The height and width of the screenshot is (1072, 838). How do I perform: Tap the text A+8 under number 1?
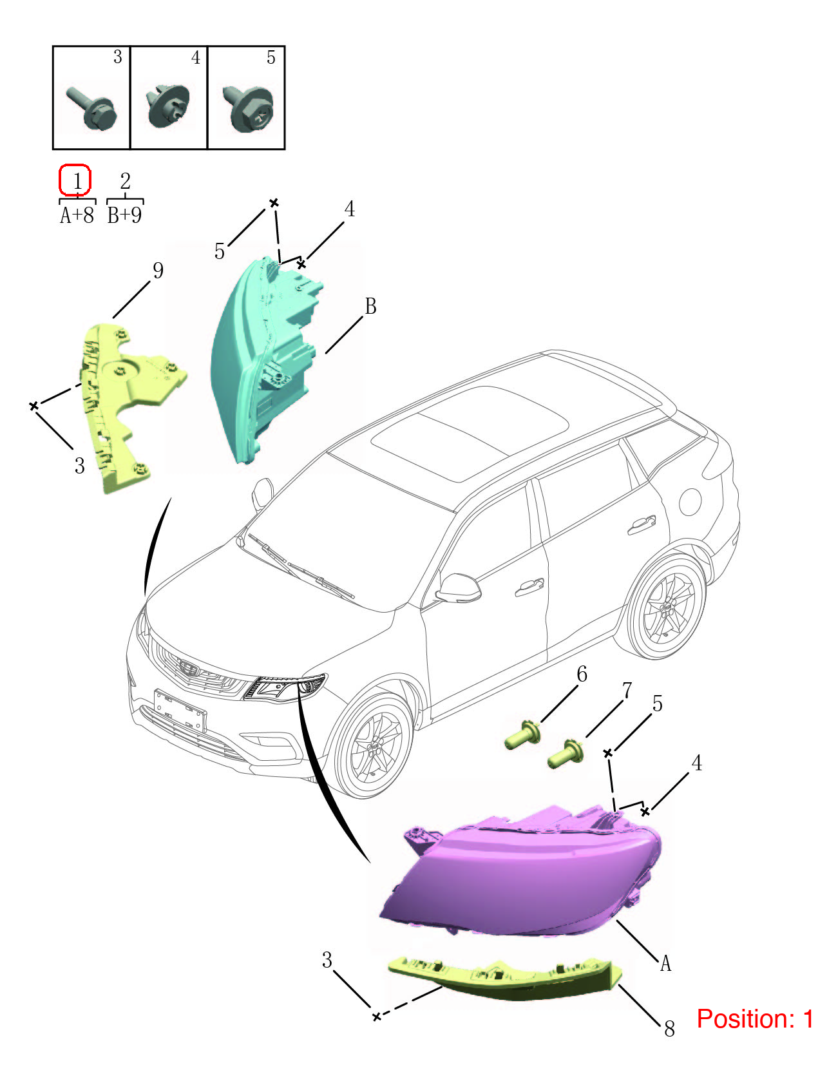[77, 215]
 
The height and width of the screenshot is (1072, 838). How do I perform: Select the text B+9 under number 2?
[124, 215]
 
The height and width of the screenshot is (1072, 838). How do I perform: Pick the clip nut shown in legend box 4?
[169, 106]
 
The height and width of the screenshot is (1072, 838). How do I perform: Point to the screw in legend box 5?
[249, 108]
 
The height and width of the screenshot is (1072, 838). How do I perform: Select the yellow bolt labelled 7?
[566, 753]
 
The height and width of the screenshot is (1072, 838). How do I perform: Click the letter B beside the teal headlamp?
[370, 306]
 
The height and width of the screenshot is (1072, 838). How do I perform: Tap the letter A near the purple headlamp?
[665, 963]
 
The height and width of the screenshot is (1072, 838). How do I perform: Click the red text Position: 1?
[755, 1019]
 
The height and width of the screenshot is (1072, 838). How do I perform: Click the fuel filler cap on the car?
[690, 502]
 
